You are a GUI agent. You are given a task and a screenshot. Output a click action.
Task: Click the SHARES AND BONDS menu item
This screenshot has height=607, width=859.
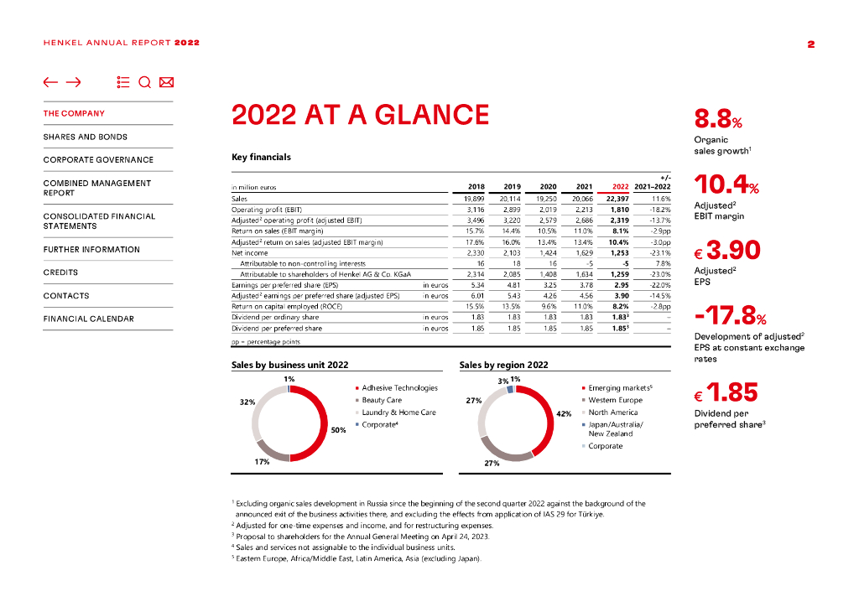pyautogui.click(x=86, y=137)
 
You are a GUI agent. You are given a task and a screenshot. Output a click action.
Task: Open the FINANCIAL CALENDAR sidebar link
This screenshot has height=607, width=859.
pyautogui.click(x=88, y=319)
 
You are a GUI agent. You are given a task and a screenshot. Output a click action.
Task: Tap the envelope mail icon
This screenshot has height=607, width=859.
pyautogui.click(x=166, y=82)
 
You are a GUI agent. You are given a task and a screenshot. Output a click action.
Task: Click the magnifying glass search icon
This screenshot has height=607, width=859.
pyautogui.click(x=144, y=82)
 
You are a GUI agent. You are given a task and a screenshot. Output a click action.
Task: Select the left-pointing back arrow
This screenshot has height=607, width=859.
pyautogui.click(x=51, y=82)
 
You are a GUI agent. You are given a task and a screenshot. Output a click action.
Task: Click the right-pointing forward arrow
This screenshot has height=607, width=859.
pyautogui.click(x=73, y=82)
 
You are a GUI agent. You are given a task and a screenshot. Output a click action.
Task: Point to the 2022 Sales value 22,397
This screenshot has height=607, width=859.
pyautogui.click(x=617, y=199)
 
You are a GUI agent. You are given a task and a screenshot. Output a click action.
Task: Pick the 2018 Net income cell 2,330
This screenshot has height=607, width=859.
pyautogui.click(x=474, y=252)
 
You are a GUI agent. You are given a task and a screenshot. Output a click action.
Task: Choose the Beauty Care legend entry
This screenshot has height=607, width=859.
pyautogui.click(x=382, y=400)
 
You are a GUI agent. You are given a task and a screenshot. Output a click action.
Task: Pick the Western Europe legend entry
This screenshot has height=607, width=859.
pyautogui.click(x=615, y=400)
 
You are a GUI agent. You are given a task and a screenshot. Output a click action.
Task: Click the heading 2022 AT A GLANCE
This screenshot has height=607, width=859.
pyautogui.click(x=360, y=115)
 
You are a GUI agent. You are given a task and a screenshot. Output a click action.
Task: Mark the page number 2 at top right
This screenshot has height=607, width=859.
pyautogui.click(x=811, y=44)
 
